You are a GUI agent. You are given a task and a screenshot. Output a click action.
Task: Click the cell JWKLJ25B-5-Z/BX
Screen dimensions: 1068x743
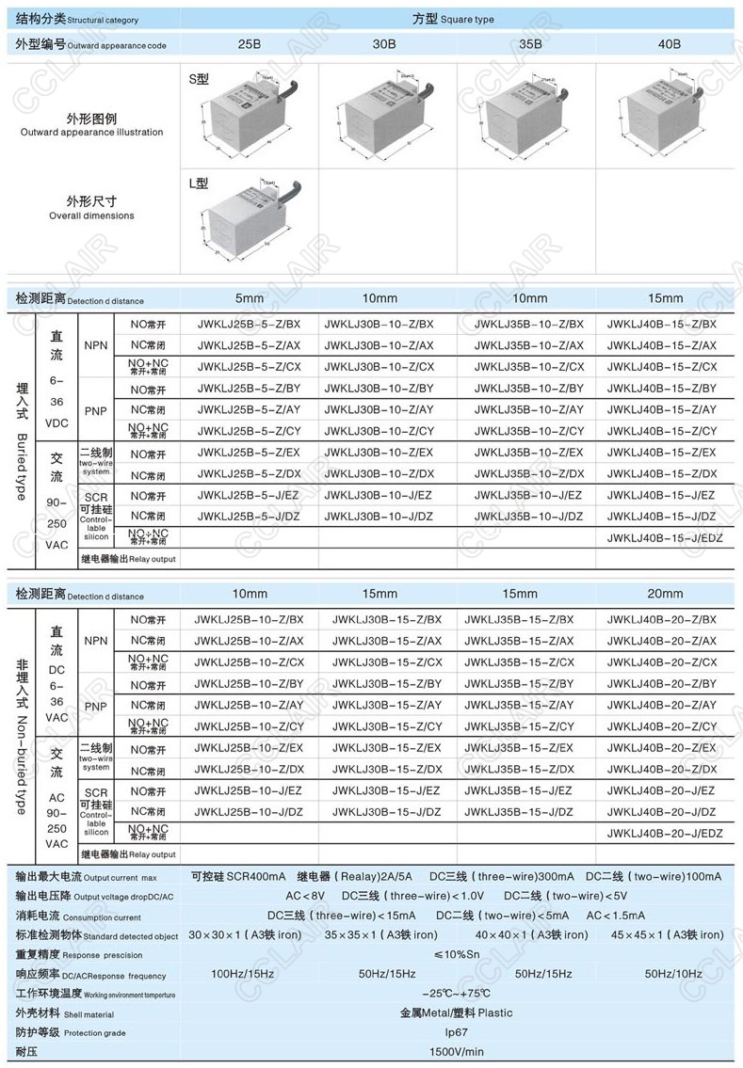(249, 325)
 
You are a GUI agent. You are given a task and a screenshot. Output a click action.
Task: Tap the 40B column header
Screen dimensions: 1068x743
(669, 44)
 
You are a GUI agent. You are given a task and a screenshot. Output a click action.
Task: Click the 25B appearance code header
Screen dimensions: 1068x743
(249, 44)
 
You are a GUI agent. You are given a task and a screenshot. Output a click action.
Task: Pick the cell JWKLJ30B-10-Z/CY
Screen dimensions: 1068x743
(379, 431)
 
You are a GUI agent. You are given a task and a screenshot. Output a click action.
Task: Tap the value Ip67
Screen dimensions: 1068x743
(456, 1032)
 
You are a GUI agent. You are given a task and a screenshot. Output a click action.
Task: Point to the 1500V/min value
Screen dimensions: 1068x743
(457, 1052)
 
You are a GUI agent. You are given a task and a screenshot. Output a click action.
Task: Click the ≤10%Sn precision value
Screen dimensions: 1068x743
(456, 954)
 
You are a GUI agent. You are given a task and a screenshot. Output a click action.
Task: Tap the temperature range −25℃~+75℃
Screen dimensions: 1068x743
(456, 993)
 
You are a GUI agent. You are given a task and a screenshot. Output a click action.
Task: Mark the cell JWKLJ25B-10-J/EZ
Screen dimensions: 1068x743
(249, 790)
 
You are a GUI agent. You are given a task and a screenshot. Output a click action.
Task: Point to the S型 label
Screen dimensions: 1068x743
(198, 81)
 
